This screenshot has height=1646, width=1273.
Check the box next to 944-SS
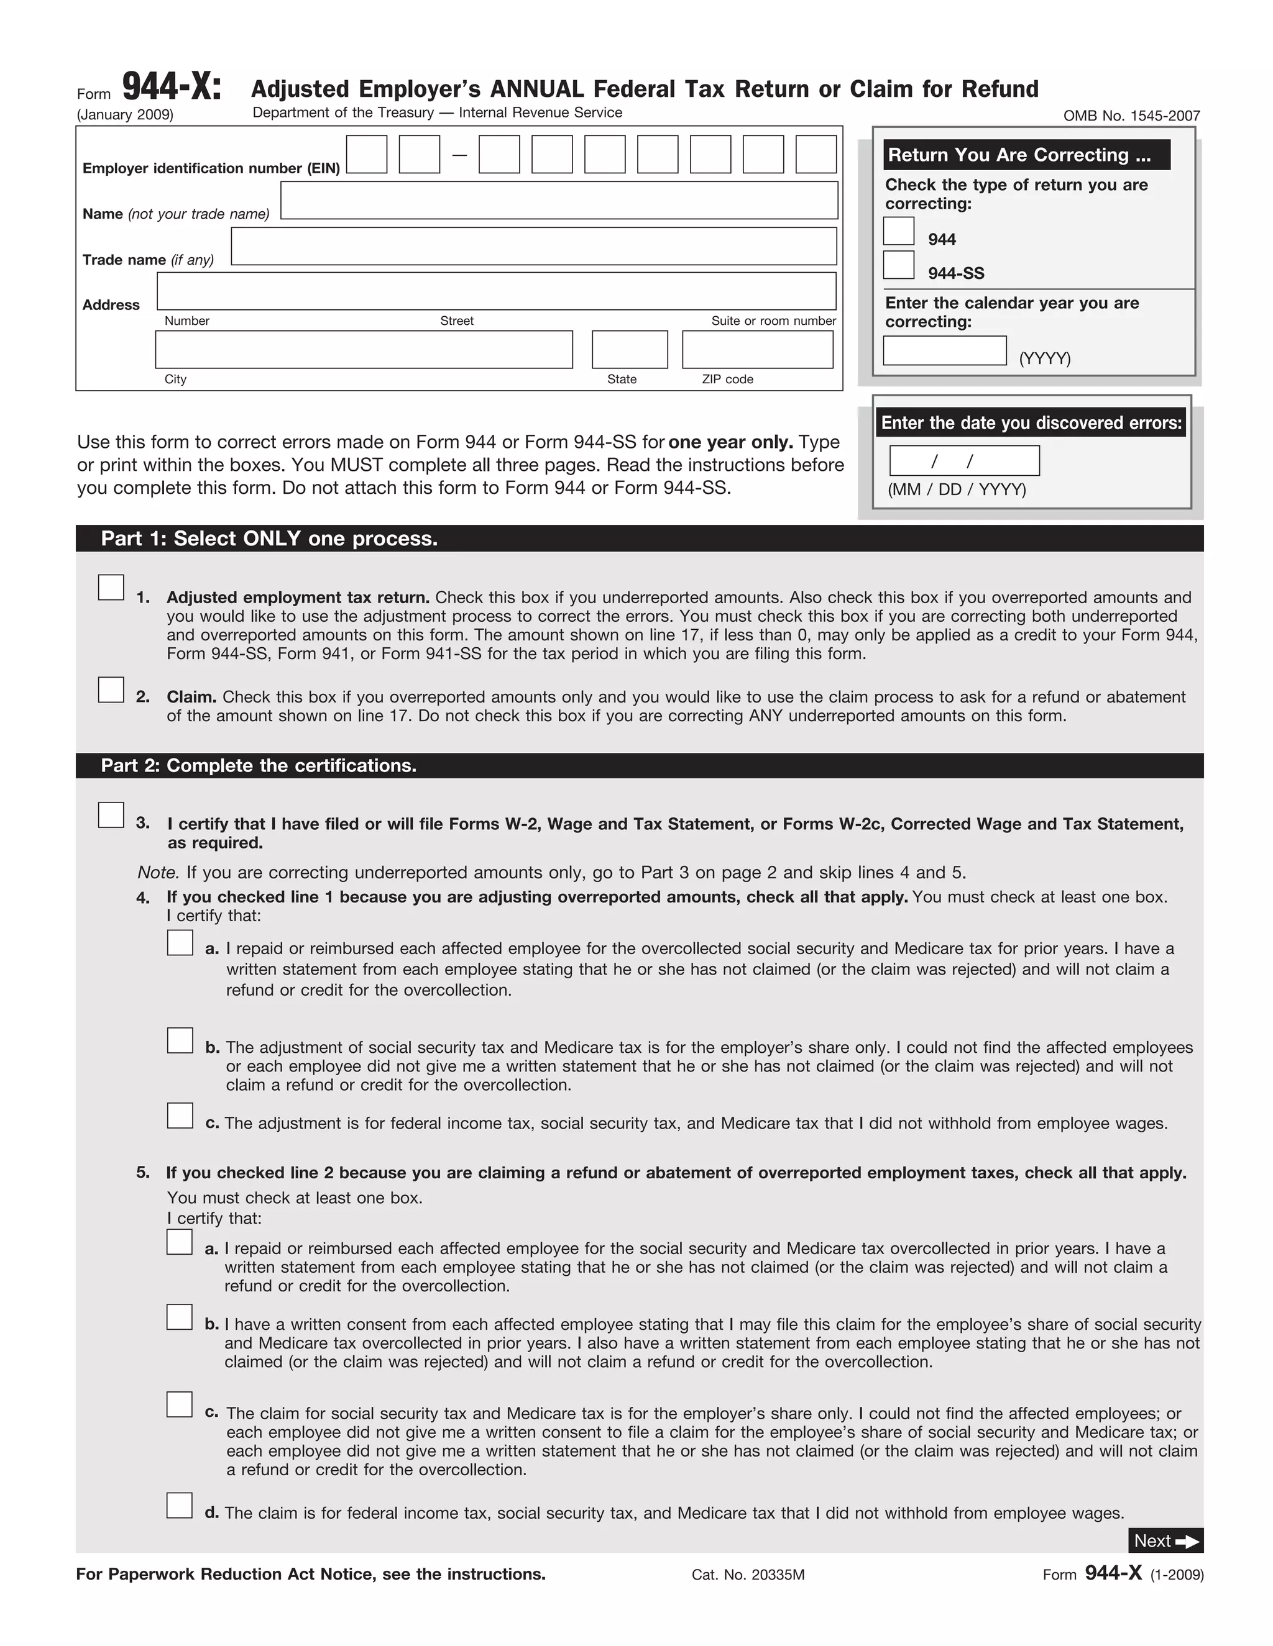pos(898,265)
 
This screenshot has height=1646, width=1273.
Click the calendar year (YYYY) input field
pos(944,350)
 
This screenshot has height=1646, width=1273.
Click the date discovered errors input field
pos(964,460)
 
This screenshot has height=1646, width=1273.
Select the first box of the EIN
pos(367,155)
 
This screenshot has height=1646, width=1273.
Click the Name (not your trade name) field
pos(559,201)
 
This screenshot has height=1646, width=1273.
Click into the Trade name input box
pos(533,247)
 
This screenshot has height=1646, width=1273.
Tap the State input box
pos(630,350)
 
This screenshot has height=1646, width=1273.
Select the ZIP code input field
pos(757,350)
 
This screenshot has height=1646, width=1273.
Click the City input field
pos(364,350)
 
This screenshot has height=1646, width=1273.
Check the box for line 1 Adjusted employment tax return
pos(111,587)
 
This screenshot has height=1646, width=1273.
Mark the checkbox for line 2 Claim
pos(111,689)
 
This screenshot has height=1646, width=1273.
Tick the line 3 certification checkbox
pos(111,815)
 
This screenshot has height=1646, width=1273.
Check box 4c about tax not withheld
pos(180,1116)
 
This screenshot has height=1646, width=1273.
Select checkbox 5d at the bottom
pos(180,1505)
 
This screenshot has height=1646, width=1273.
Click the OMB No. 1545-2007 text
pos(1131,116)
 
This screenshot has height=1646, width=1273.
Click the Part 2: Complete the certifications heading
pos(259,766)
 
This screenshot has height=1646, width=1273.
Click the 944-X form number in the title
pos(172,87)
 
